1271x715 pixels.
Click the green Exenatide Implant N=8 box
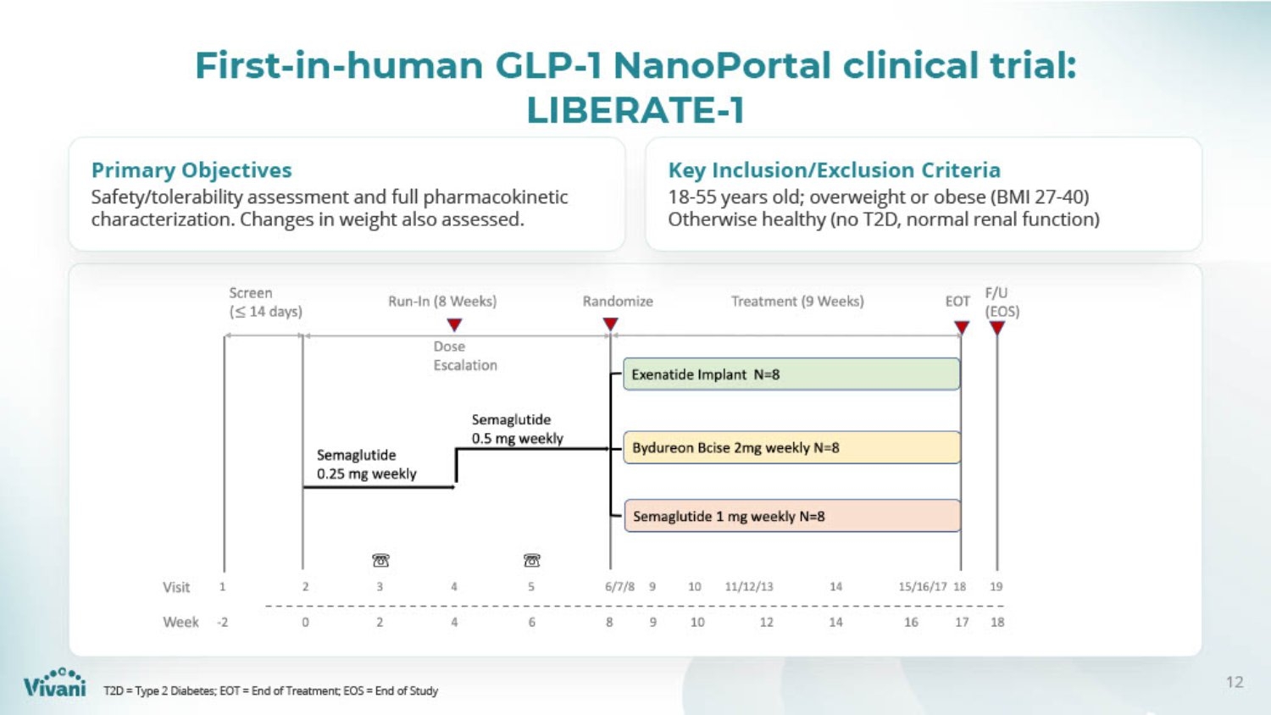tap(791, 374)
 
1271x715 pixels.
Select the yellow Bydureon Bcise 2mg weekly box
tap(792, 448)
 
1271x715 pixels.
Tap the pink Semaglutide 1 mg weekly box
tap(792, 516)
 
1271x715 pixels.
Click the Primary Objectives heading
tap(191, 169)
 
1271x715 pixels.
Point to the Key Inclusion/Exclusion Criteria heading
tap(834, 169)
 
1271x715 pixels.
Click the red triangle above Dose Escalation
tap(454, 325)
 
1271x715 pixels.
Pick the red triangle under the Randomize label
tap(610, 324)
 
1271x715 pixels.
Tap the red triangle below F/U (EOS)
tap(997, 328)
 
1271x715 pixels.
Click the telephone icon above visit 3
tap(380, 561)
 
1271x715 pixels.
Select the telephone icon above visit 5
tap(531, 561)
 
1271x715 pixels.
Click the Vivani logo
tap(55, 682)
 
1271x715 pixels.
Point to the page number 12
tap(1235, 682)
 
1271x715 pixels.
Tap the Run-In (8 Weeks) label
tap(442, 302)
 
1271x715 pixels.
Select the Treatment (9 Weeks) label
tap(797, 302)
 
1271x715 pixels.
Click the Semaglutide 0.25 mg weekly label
tap(367, 464)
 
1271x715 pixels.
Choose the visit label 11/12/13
tap(749, 587)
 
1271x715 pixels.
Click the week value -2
tap(222, 623)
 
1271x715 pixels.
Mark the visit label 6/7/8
tap(619, 587)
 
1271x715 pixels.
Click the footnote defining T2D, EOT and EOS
tap(270, 690)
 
